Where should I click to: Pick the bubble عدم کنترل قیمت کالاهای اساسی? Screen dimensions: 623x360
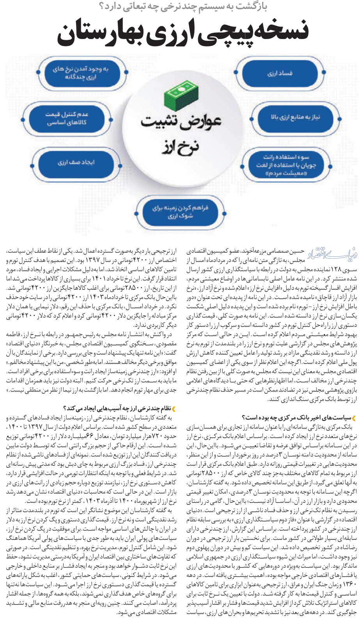[x=67, y=119]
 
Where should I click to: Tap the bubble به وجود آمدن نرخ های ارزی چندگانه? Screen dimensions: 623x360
[x=81, y=73]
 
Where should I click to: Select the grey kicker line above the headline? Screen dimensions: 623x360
[x=183, y=7]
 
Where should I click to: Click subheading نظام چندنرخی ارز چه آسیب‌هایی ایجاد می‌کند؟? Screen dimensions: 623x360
[x=117, y=409]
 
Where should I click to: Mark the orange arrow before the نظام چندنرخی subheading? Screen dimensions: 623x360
[x=174, y=409]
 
